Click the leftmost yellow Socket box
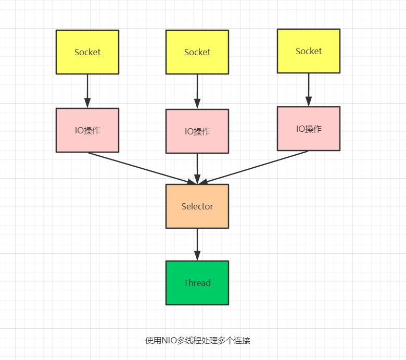[87, 52]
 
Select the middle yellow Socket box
[197, 52]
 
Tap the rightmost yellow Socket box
[309, 51]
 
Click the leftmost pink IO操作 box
[87, 130]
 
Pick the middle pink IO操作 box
[197, 131]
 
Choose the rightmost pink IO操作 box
[309, 129]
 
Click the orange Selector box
[197, 206]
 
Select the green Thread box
[197, 283]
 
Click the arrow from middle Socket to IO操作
[197, 91]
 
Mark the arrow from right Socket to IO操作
[309, 89]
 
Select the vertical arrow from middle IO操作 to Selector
[197, 168]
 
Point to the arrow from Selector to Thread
[197, 244]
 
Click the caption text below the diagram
[198, 341]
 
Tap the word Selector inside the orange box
[197, 206]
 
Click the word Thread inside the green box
[197, 283]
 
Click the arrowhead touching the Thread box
[197, 256]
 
